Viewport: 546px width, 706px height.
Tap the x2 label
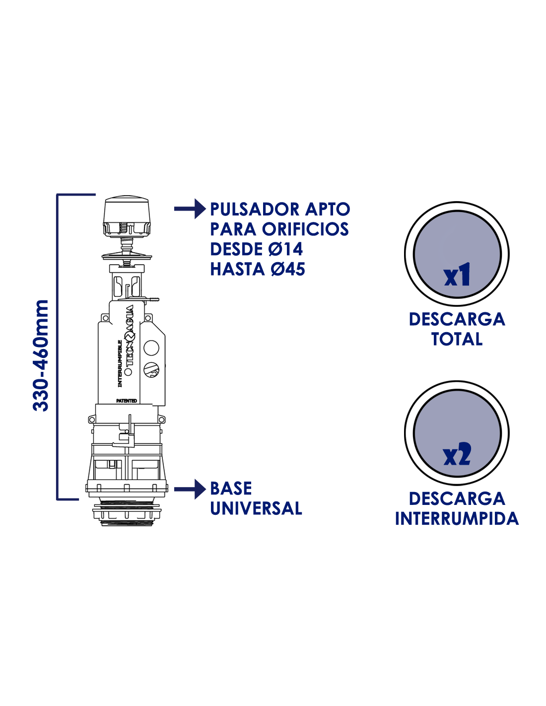coord(457,455)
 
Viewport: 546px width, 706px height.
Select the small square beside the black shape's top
coord(190,209)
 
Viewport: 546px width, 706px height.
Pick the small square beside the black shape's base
coord(190,489)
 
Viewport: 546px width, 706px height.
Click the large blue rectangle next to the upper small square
coord(280,239)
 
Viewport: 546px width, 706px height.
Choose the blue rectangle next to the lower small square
coord(256,498)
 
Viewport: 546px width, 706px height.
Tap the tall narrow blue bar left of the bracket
coord(40,355)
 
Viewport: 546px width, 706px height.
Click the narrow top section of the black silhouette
coord(127,238)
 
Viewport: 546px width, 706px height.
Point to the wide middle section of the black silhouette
coord(127,370)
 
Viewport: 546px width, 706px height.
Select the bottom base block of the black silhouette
coord(127,492)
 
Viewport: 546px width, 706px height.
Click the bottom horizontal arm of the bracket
coord(68,499)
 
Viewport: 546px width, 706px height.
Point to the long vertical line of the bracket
coord(58,348)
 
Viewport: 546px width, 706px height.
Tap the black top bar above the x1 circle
coord(457,206)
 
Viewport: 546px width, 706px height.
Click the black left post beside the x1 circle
coord(409,243)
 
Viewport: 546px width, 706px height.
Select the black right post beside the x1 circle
coord(505,243)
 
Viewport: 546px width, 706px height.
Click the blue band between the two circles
coord(457,343)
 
